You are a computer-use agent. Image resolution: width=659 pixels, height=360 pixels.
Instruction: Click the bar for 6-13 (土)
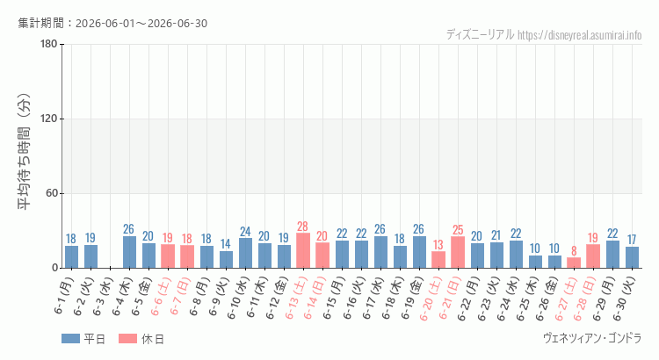(x=303, y=250)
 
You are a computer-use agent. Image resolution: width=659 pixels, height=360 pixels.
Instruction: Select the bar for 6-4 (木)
(x=129, y=252)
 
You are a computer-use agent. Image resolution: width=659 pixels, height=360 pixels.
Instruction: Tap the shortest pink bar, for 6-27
(x=574, y=263)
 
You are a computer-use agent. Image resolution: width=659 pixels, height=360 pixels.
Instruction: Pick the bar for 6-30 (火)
(x=632, y=257)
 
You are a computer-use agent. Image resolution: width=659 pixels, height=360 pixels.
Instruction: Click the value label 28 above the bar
(x=302, y=227)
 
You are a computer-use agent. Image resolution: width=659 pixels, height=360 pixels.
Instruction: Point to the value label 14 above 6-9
(x=226, y=244)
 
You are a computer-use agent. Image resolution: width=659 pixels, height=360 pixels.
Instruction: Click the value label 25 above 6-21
(x=458, y=230)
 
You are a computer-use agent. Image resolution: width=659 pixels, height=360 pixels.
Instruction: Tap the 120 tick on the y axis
(x=48, y=119)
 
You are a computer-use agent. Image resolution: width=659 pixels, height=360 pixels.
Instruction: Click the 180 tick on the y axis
(x=48, y=44)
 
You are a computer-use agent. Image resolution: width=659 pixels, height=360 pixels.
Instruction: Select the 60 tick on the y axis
(x=52, y=194)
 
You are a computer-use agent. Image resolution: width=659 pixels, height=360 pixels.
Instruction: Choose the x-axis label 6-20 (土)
(x=431, y=299)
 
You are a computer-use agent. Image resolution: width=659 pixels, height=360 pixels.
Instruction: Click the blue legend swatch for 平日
(x=70, y=339)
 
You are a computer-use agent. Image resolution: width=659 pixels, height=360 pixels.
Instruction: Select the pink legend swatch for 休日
(x=127, y=339)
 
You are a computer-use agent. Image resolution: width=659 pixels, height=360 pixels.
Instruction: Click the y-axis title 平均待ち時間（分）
(x=25, y=152)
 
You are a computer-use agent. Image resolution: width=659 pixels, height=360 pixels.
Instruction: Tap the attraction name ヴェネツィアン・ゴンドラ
(x=592, y=338)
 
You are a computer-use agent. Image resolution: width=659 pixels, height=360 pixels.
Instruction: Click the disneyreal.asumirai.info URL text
(x=580, y=35)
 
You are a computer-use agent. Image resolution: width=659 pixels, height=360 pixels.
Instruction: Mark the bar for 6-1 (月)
(x=71, y=257)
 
